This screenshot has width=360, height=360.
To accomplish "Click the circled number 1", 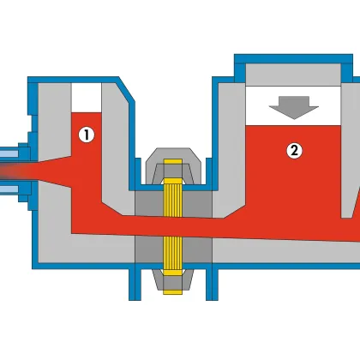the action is [x=87, y=135].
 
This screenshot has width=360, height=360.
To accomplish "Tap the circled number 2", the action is [x=294, y=150].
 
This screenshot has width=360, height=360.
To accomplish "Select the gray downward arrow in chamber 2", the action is [x=294, y=107].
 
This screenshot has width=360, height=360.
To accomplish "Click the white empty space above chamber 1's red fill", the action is [x=87, y=98].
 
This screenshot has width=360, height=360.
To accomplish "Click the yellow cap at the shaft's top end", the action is [x=173, y=162].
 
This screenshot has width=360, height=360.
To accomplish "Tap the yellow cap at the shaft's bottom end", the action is [x=173, y=291].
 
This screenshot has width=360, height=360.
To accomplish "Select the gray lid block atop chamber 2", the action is [x=293, y=75].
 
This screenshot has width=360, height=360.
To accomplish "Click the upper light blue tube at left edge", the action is [x=9, y=153].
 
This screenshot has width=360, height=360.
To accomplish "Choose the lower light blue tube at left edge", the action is [x=9, y=189].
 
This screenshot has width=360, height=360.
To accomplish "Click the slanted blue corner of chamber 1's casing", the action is [x=126, y=89].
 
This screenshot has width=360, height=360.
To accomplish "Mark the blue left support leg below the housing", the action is [x=135, y=282].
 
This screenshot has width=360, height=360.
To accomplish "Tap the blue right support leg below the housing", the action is [x=212, y=282].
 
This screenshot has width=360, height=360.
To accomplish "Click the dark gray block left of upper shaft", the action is [x=149, y=203].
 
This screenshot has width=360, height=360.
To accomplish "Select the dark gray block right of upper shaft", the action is [x=197, y=204].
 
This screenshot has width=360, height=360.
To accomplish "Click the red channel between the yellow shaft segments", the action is [x=173, y=227].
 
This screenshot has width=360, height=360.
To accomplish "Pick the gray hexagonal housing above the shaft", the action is [x=173, y=166].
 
